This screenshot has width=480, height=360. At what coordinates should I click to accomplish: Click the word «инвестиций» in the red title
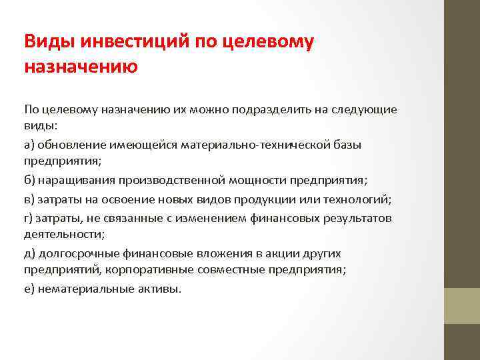137,41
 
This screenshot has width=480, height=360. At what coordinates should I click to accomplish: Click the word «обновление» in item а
69,145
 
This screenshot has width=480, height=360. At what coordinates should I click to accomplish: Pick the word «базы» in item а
347,145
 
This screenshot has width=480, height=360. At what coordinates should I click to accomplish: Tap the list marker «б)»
30,181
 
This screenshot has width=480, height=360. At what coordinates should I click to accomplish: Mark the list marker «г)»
29,217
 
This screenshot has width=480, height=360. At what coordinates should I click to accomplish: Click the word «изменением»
203,217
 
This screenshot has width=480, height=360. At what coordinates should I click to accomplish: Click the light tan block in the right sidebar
462,305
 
